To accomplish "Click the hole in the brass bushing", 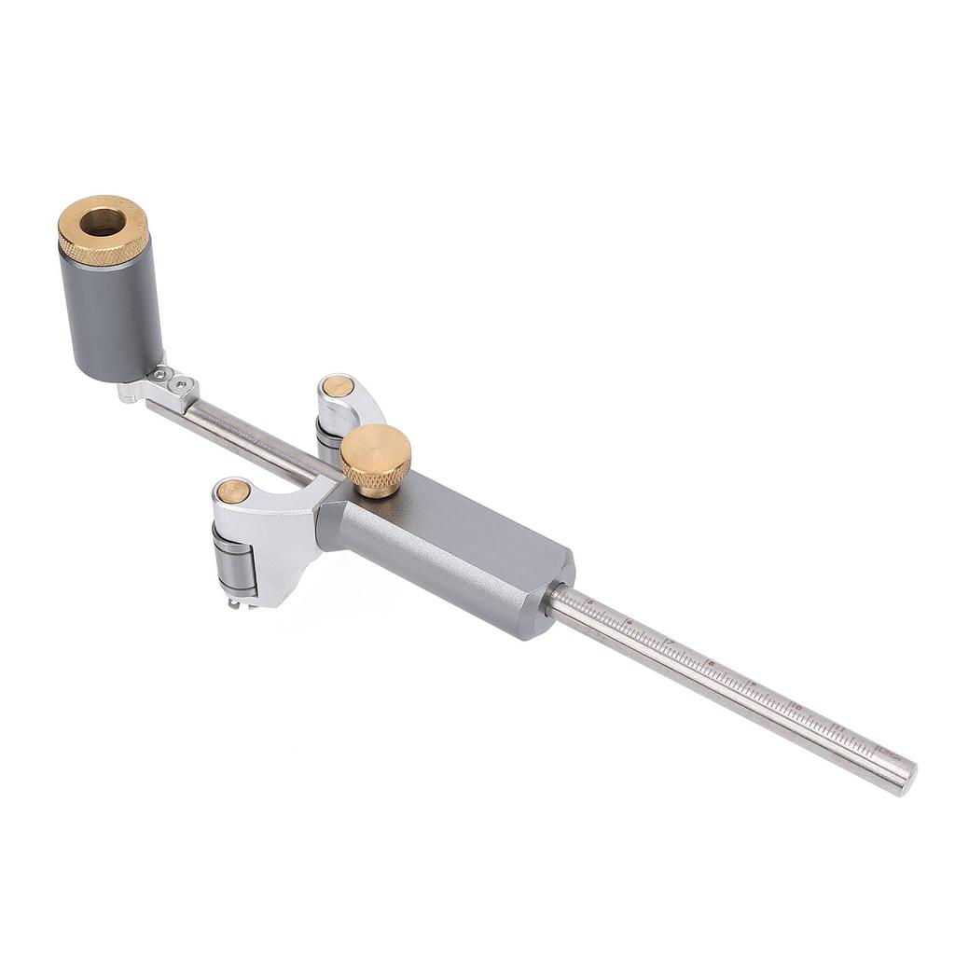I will click(102, 222).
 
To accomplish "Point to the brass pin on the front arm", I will click(232, 491).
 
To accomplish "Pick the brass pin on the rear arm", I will click(338, 386).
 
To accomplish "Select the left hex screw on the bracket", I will click(161, 375).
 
